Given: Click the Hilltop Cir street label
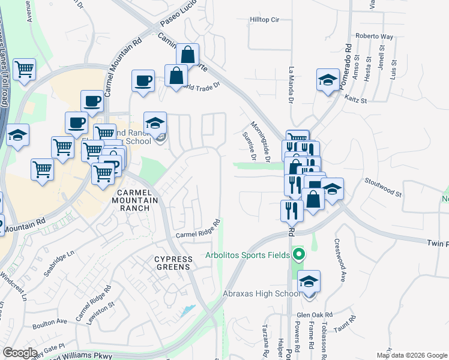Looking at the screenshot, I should [265, 20].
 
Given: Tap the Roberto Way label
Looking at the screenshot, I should [374, 37].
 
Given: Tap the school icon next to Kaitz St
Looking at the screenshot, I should [328, 80].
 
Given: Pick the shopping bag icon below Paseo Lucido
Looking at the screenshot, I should [187, 55].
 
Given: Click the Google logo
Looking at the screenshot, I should [20, 352].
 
